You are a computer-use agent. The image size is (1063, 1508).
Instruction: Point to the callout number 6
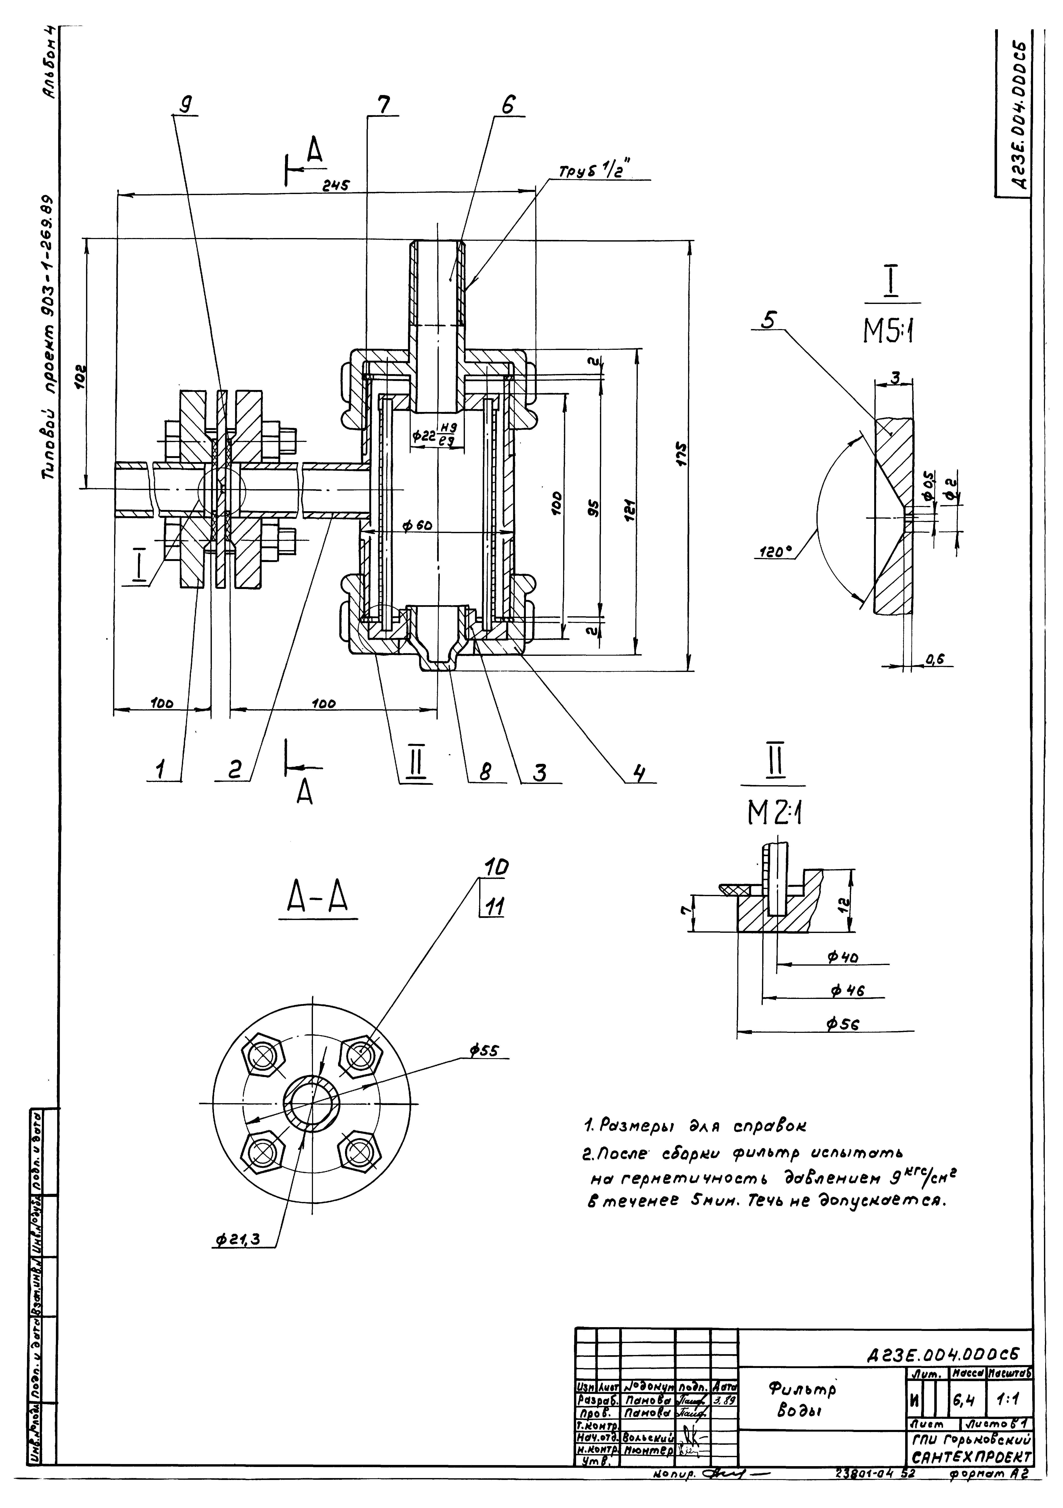tap(508, 105)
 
